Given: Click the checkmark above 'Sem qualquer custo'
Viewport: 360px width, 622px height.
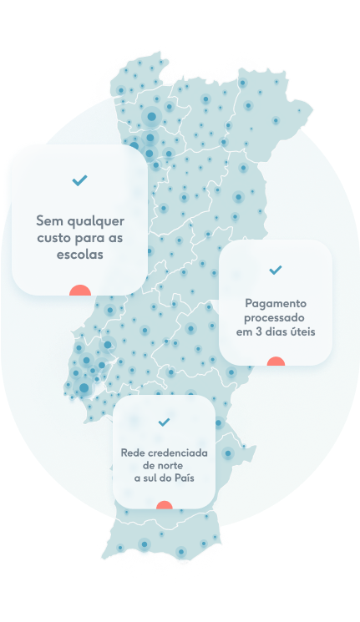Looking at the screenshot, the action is point(80,180).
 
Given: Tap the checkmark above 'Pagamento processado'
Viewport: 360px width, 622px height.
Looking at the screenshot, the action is point(276,270).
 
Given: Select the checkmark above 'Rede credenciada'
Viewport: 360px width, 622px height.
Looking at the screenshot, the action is point(164,422).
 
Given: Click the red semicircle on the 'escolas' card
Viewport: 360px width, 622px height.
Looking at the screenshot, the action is point(80,290).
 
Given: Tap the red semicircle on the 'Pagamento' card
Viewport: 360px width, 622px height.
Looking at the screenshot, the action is point(276,361).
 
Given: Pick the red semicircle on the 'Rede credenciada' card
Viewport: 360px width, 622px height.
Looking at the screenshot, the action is point(165,504).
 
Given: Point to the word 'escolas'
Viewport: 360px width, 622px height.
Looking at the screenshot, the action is point(80,255).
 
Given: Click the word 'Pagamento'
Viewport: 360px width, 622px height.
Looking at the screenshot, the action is point(276,303).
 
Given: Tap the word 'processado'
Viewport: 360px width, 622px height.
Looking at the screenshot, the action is point(274,318).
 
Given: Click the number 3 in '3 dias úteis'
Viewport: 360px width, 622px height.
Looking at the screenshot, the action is point(258,331).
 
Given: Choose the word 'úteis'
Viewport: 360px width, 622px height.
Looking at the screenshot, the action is point(302,331).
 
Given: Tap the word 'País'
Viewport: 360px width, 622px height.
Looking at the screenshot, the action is point(184,478).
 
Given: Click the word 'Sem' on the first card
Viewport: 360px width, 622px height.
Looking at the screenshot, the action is point(47,220).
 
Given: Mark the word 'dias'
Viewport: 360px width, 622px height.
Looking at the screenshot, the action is point(276,331).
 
